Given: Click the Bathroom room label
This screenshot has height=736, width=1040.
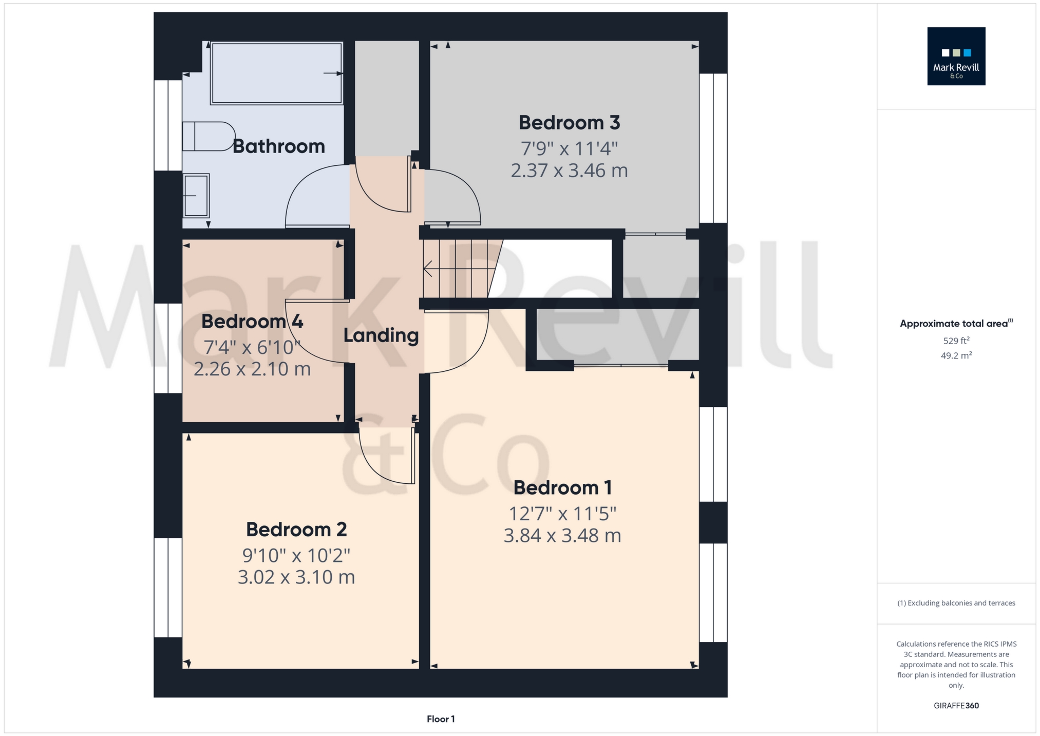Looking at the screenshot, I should click(278, 146).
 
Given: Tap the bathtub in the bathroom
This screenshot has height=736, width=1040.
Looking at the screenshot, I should click(276, 73).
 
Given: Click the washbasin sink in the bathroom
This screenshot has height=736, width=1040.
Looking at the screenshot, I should click(196, 196).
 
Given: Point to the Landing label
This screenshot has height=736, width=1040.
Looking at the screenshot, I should click(381, 335).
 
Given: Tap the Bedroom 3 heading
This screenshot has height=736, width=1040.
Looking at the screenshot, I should click(569, 123).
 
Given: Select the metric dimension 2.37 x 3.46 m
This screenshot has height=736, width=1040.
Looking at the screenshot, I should click(569, 171).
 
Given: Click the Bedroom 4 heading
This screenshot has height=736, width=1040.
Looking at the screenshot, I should click(252, 322).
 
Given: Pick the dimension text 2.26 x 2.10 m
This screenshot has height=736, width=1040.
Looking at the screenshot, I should click(252, 369).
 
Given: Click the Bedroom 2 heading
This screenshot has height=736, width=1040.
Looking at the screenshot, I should click(296, 530).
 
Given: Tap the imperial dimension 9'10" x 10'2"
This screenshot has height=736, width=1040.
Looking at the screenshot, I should click(296, 555).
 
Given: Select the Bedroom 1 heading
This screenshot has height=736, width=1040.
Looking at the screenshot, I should click(562, 488).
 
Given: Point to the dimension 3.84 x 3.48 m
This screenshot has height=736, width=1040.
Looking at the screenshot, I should click(562, 536).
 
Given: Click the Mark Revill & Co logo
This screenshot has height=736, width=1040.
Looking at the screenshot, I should click(956, 56).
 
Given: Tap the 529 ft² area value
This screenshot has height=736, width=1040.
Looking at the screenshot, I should click(956, 341).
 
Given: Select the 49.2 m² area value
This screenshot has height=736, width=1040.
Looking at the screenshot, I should click(956, 355).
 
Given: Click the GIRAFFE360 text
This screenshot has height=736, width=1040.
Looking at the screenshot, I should click(956, 706).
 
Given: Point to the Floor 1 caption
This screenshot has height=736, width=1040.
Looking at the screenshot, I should click(441, 719).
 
